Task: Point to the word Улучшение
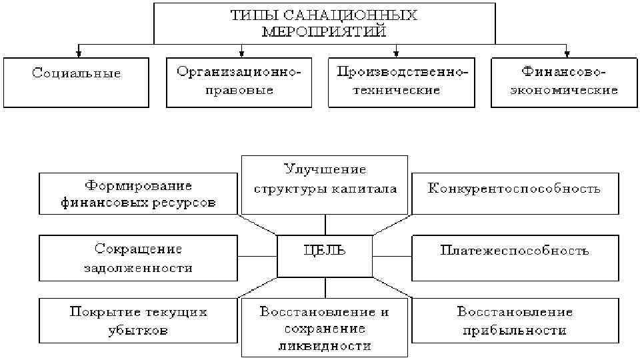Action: [x=325, y=169]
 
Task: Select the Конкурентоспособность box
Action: [x=514, y=189]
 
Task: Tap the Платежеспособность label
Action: [x=514, y=251]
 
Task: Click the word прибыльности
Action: [x=514, y=330]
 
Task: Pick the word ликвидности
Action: [x=325, y=346]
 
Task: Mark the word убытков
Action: [x=138, y=330]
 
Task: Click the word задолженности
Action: [x=138, y=268]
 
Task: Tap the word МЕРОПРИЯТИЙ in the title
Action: [x=325, y=31]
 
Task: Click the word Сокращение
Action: [x=138, y=249]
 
